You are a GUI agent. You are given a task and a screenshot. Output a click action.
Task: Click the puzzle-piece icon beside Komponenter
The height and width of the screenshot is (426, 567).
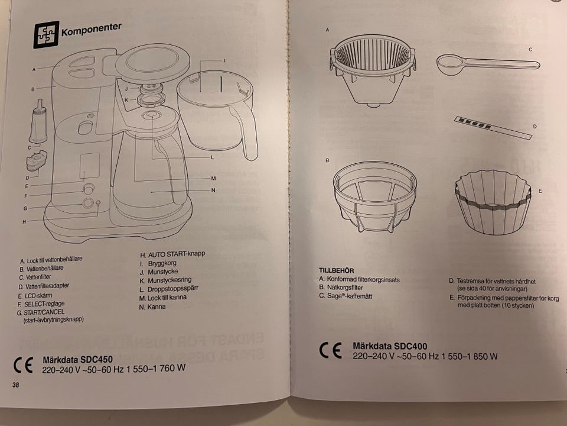(x=46, y=35)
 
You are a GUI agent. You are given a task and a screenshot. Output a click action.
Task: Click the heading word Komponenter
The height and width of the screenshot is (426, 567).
(x=91, y=30)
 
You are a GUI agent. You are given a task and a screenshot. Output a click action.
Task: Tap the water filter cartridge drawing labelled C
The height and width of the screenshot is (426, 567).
(x=38, y=122)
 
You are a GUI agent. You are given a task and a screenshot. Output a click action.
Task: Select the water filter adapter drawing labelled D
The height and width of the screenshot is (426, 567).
(x=37, y=160)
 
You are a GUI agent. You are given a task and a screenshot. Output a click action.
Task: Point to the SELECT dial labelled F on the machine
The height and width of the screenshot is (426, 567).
(x=89, y=189)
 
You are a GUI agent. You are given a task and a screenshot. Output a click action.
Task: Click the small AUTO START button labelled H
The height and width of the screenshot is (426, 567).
(x=97, y=203)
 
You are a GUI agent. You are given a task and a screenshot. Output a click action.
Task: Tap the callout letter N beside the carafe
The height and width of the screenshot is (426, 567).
(x=213, y=190)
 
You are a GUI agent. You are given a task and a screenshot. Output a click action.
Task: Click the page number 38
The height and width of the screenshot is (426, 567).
(x=15, y=385)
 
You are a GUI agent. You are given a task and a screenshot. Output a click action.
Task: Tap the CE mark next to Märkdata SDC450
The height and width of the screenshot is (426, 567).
(x=23, y=365)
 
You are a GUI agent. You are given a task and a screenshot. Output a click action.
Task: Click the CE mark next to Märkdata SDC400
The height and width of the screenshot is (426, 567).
(x=330, y=350)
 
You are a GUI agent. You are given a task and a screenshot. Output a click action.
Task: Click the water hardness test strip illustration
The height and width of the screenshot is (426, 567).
(x=493, y=127)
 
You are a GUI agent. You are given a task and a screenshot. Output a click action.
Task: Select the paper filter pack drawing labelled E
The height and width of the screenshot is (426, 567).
(x=493, y=202)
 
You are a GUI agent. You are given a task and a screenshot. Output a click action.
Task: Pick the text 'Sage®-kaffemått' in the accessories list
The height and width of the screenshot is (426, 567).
(x=346, y=296)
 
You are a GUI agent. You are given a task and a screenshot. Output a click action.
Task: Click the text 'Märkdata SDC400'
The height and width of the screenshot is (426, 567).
(x=390, y=346)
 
